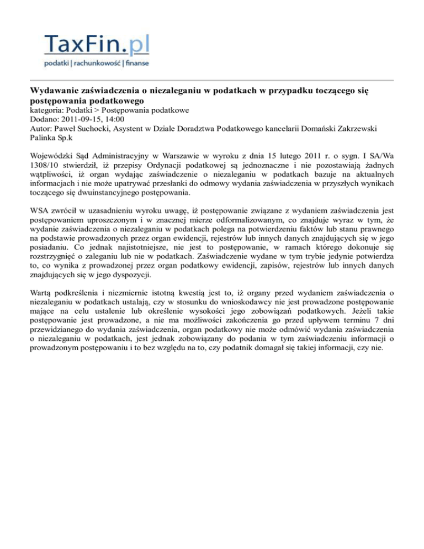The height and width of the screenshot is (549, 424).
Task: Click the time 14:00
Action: tap(115, 119)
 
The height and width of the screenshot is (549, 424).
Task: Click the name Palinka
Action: tap(45, 137)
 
